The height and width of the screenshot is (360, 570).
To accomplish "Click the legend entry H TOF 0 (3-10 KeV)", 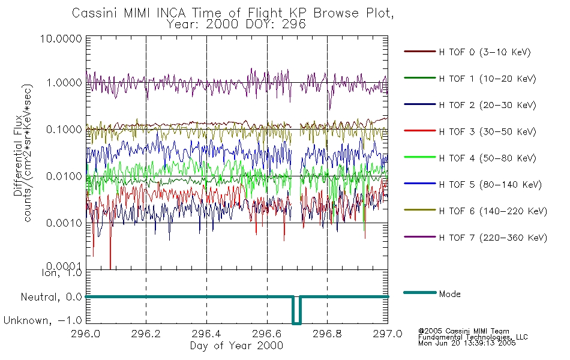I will (x=485, y=52).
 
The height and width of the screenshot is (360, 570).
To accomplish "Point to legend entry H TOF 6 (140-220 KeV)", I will (x=493, y=211).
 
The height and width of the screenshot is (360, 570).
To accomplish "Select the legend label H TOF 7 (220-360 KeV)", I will (x=493, y=238).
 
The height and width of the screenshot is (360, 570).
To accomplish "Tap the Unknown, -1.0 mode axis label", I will (x=44, y=321).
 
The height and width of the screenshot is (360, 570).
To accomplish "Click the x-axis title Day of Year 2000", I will (x=236, y=346).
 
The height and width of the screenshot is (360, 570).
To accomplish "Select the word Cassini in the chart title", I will (x=92, y=13).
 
